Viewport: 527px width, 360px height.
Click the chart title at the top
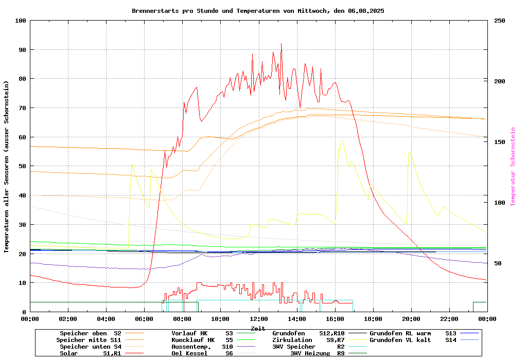click(x=258, y=11)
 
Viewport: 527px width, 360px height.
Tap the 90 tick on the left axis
click(x=21, y=50)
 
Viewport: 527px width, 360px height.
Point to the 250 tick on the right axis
click(x=499, y=21)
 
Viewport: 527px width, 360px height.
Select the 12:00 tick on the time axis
click(x=258, y=319)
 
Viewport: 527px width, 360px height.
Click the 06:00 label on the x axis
click(x=144, y=319)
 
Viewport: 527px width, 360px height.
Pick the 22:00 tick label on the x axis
click(x=449, y=319)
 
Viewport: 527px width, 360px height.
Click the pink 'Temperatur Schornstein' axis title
click(x=513, y=167)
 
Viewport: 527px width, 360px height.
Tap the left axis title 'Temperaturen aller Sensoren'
click(x=7, y=167)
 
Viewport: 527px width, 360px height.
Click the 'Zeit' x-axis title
click(x=258, y=328)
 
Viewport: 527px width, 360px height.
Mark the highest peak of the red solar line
click(x=281, y=44)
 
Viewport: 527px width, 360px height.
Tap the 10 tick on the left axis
click(x=21, y=283)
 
